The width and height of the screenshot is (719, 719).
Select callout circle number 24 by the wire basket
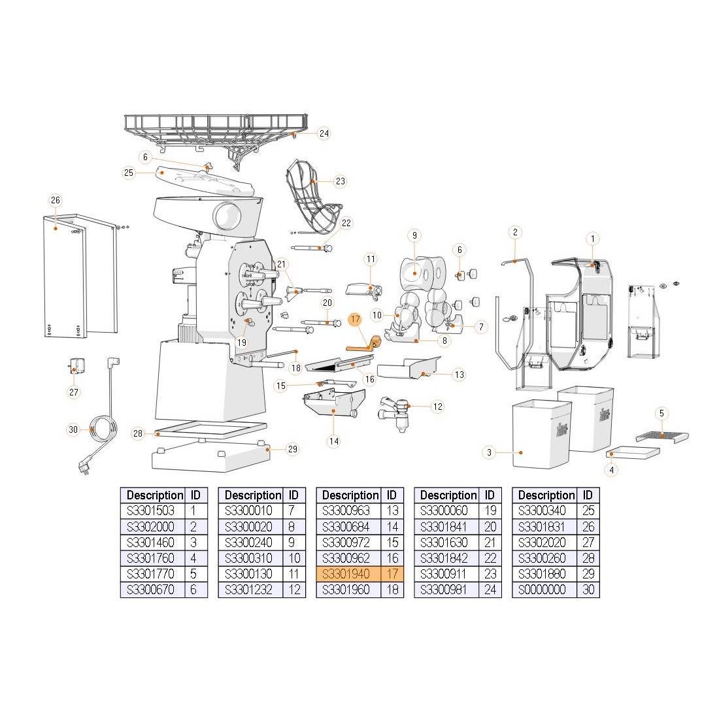[324, 133]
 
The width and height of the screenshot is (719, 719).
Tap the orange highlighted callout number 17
[355, 320]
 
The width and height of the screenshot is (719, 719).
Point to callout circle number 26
[55, 200]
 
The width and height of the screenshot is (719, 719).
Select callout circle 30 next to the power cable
[73, 429]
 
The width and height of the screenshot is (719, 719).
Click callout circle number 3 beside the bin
[489, 452]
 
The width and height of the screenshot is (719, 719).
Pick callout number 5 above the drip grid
[661, 413]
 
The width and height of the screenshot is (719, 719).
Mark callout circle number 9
[413, 235]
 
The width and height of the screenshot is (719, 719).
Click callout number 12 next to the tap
[437, 407]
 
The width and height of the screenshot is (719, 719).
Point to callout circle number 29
[293, 449]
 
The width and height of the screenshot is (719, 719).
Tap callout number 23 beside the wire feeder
[340, 181]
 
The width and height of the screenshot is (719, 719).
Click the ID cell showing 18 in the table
[392, 590]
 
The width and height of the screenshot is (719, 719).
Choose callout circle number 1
[592, 239]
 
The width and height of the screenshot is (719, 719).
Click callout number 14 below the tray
[334, 442]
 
